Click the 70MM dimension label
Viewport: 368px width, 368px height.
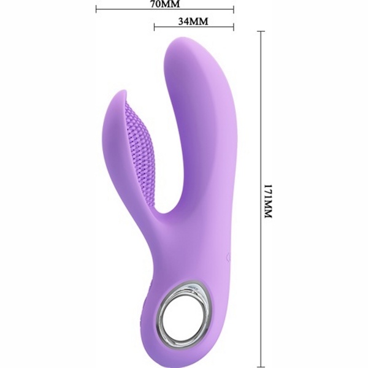165,4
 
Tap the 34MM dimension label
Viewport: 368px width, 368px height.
193,21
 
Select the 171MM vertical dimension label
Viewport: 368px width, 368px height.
268,202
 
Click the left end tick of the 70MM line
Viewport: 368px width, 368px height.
96,9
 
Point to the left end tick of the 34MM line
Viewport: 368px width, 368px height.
154,27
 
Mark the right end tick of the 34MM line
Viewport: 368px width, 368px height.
234,27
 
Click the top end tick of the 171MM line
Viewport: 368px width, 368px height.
261,31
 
